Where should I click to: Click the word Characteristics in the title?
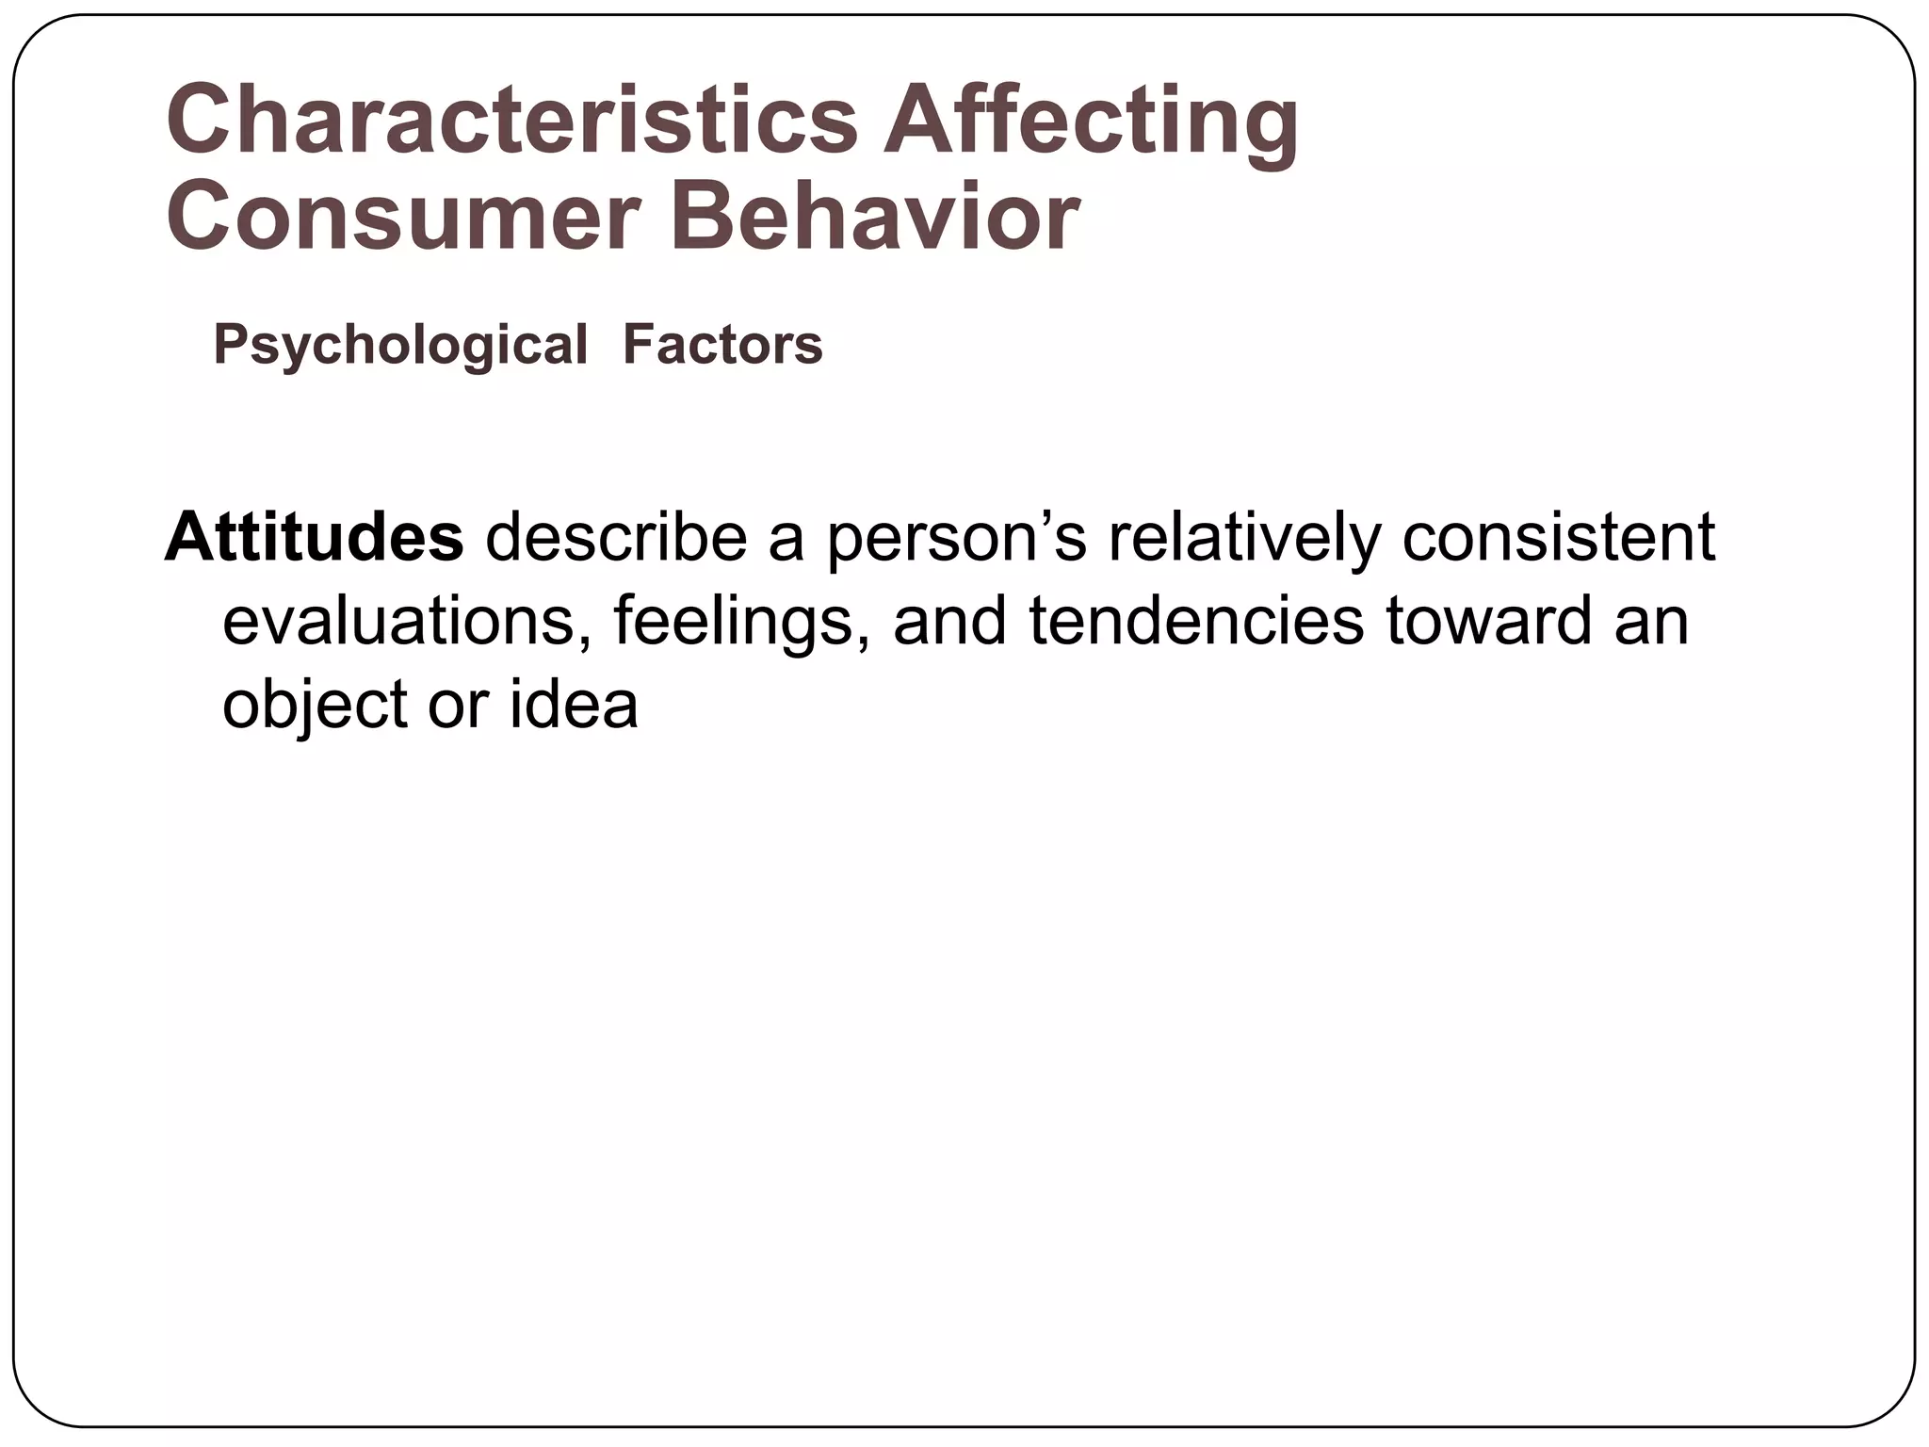(511, 122)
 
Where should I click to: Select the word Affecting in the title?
(1090, 122)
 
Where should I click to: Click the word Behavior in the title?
(874, 218)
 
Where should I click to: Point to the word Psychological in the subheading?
(400, 345)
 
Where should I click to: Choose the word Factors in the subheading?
(722, 345)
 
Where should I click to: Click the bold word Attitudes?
(315, 538)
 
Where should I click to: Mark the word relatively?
(1243, 538)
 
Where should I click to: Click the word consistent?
(1558, 538)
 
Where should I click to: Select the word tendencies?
(1195, 622)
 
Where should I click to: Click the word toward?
(1488, 622)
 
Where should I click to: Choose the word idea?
(574, 705)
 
